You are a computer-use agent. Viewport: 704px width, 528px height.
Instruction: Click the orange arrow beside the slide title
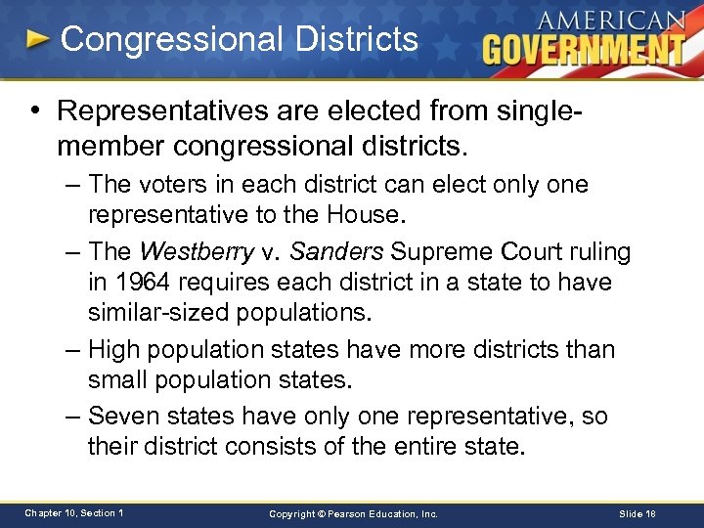pos(37,40)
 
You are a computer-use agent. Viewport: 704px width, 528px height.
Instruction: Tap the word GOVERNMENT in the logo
pos(583,48)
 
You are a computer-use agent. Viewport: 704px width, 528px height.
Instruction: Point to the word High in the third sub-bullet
pos(111,349)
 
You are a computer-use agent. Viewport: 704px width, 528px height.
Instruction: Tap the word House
pos(368,214)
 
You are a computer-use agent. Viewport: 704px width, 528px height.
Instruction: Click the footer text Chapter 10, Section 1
pos(73,513)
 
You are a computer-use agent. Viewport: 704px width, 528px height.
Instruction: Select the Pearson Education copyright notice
pos(354,513)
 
